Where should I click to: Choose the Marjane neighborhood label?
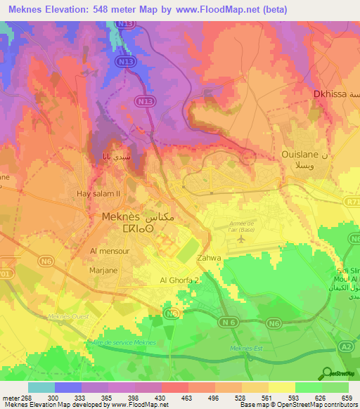(103, 269)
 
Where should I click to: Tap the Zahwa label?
(210, 258)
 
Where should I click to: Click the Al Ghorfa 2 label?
(175, 280)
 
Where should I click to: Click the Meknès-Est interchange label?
(245, 349)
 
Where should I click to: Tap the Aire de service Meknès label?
(122, 342)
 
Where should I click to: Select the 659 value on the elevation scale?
(346, 397)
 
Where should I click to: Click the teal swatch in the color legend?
(41, 387)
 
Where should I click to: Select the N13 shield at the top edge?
(126, 24)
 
